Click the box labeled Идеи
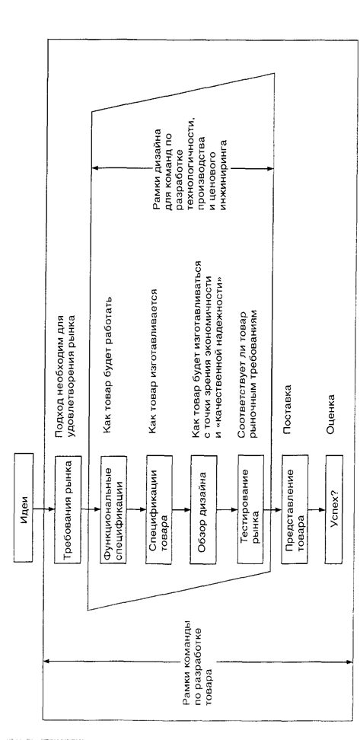coord(24,509)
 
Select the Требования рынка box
coord(68,509)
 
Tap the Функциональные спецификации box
coord(114,509)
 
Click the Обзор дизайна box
coord(204,509)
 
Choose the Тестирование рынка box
coord(250,509)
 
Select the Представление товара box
coord(295,509)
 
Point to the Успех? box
coord(339,509)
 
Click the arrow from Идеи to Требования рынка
coord(44,509)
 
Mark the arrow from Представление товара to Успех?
coord(317,509)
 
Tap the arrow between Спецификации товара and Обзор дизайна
coord(181,509)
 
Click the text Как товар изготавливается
coord(152,363)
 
